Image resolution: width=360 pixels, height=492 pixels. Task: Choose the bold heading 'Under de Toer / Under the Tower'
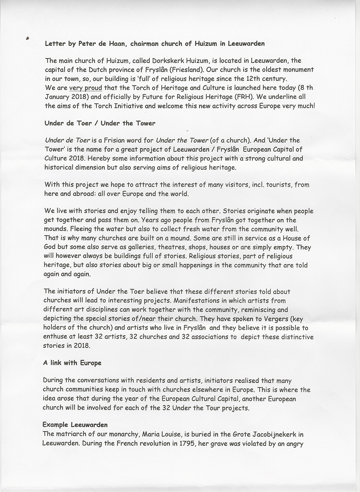(100, 123)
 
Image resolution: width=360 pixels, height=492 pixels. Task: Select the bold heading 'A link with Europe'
(72, 363)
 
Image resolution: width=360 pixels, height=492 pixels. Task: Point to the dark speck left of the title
(27, 38)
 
